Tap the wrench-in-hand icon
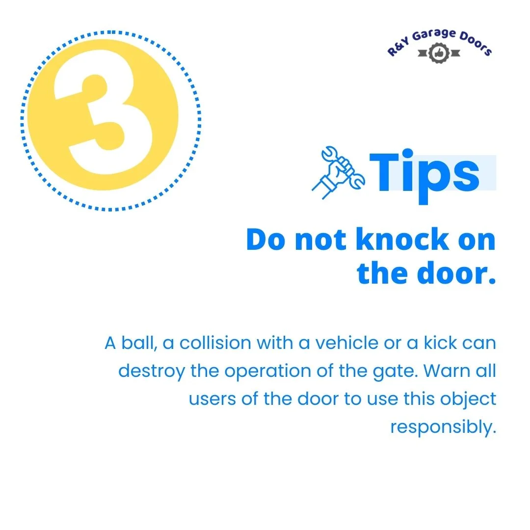pyautogui.click(x=338, y=172)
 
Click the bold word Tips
pyautogui.click(x=424, y=176)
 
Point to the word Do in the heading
pyautogui.click(x=265, y=239)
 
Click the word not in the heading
pyautogui.click(x=320, y=240)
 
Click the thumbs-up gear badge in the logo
pyautogui.click(x=439, y=53)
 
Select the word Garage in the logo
pyautogui.click(x=434, y=35)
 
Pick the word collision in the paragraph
pyautogui.click(x=215, y=343)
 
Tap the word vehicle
pyautogui.click(x=347, y=343)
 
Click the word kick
pyautogui.click(x=440, y=343)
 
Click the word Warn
pyautogui.click(x=447, y=371)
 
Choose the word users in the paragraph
pyautogui.click(x=212, y=399)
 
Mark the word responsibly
pyautogui.click(x=443, y=427)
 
